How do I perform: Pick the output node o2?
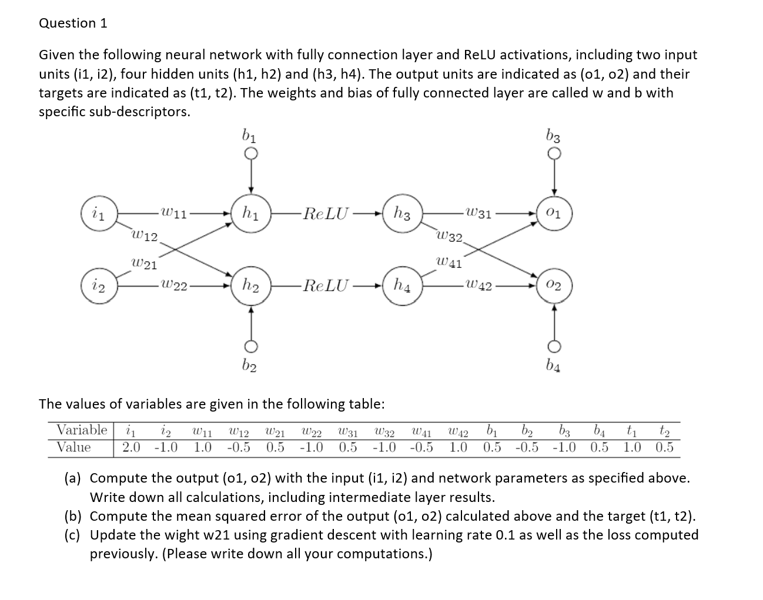point(554,286)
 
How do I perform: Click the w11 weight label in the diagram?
point(173,213)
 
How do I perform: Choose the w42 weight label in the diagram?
point(477,286)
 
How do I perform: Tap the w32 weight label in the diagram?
point(450,237)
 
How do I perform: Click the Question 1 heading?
point(73,23)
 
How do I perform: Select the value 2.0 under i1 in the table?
point(131,448)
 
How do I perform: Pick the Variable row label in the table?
point(82,430)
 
